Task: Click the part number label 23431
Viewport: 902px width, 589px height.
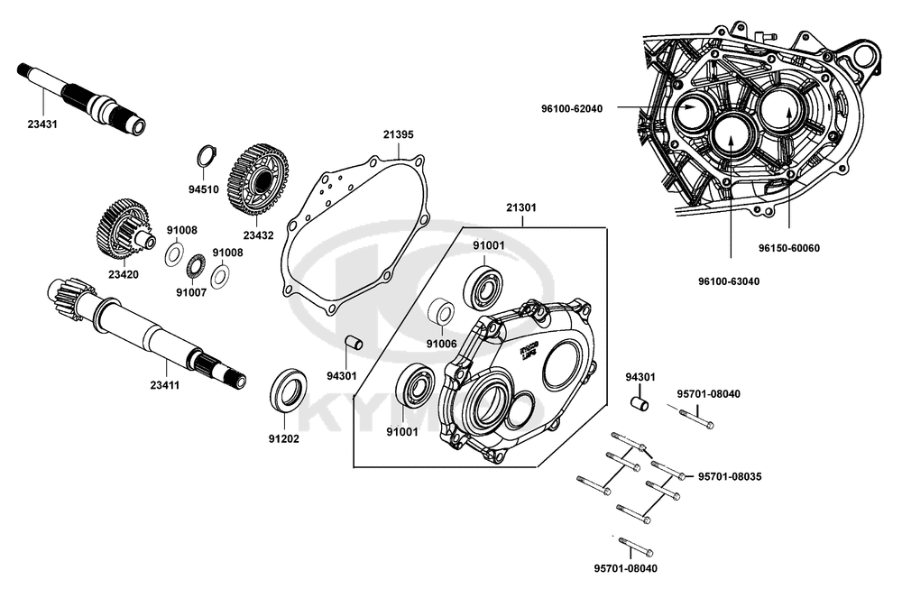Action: tap(42, 124)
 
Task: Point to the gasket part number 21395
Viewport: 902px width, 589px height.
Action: tap(398, 134)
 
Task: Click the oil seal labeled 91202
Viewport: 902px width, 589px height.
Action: tap(288, 390)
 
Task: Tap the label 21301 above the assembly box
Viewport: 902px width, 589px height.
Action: tap(520, 207)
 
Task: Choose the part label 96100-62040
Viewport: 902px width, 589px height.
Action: tap(572, 109)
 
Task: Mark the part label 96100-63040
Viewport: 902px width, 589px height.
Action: tap(730, 281)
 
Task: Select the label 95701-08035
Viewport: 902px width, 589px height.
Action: tap(729, 475)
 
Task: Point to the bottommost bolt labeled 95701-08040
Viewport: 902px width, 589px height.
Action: tap(636, 548)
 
